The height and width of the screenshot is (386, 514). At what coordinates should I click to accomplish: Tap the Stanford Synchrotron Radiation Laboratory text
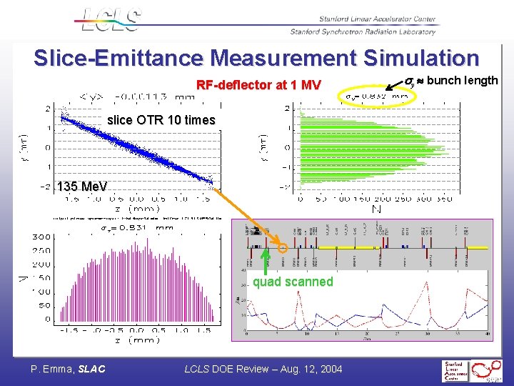(x=363, y=31)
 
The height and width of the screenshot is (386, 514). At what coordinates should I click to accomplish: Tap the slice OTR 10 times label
(x=161, y=120)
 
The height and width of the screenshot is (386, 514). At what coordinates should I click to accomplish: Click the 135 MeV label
(x=83, y=187)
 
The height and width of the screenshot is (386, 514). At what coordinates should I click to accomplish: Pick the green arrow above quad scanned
(x=264, y=261)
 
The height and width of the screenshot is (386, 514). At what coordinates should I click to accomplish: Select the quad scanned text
(x=293, y=282)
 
